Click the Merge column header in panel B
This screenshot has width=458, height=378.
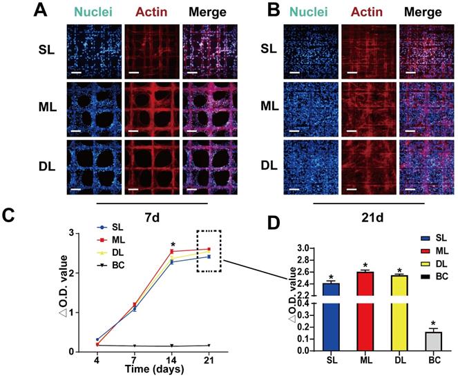pos(423,12)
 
